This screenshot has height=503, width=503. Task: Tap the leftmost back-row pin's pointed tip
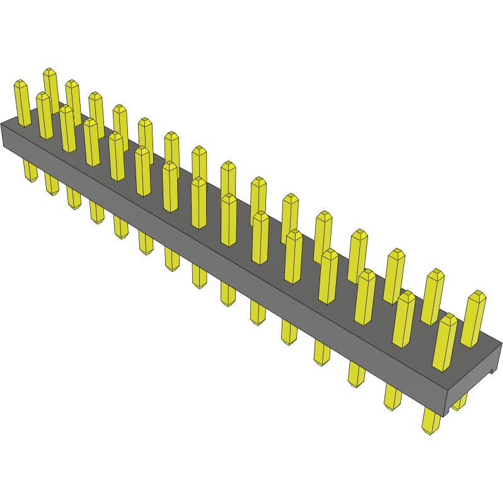click(50, 71)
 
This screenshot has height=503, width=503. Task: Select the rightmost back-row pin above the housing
click(474, 318)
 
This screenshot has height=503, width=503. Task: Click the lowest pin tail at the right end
click(431, 420)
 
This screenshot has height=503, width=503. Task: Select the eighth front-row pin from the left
click(199, 202)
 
